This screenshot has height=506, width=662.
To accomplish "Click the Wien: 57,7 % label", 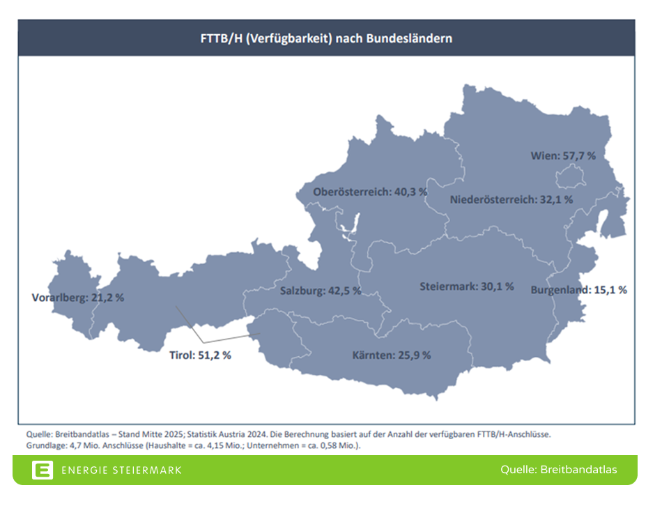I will [x=563, y=156].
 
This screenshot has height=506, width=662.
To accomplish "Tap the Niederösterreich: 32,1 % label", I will [x=511, y=199].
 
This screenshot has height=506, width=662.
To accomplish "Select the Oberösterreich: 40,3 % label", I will [x=370, y=192].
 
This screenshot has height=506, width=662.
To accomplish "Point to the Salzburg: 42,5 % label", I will [x=321, y=291].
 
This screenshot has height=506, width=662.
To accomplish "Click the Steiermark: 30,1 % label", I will [x=467, y=286].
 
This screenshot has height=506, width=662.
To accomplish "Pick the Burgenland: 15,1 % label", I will [x=578, y=289].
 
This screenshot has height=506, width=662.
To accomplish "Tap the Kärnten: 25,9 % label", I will [x=392, y=355].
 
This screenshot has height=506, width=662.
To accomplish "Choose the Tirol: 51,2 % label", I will [x=200, y=355].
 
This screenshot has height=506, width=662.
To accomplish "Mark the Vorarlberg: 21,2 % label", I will [x=78, y=298].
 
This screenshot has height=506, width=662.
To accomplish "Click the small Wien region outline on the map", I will [x=572, y=179].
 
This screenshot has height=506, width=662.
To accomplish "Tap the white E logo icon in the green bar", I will [x=42, y=470].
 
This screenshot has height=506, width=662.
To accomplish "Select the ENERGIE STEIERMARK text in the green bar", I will [x=121, y=470].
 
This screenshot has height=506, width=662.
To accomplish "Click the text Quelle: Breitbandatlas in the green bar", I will [x=558, y=470].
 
